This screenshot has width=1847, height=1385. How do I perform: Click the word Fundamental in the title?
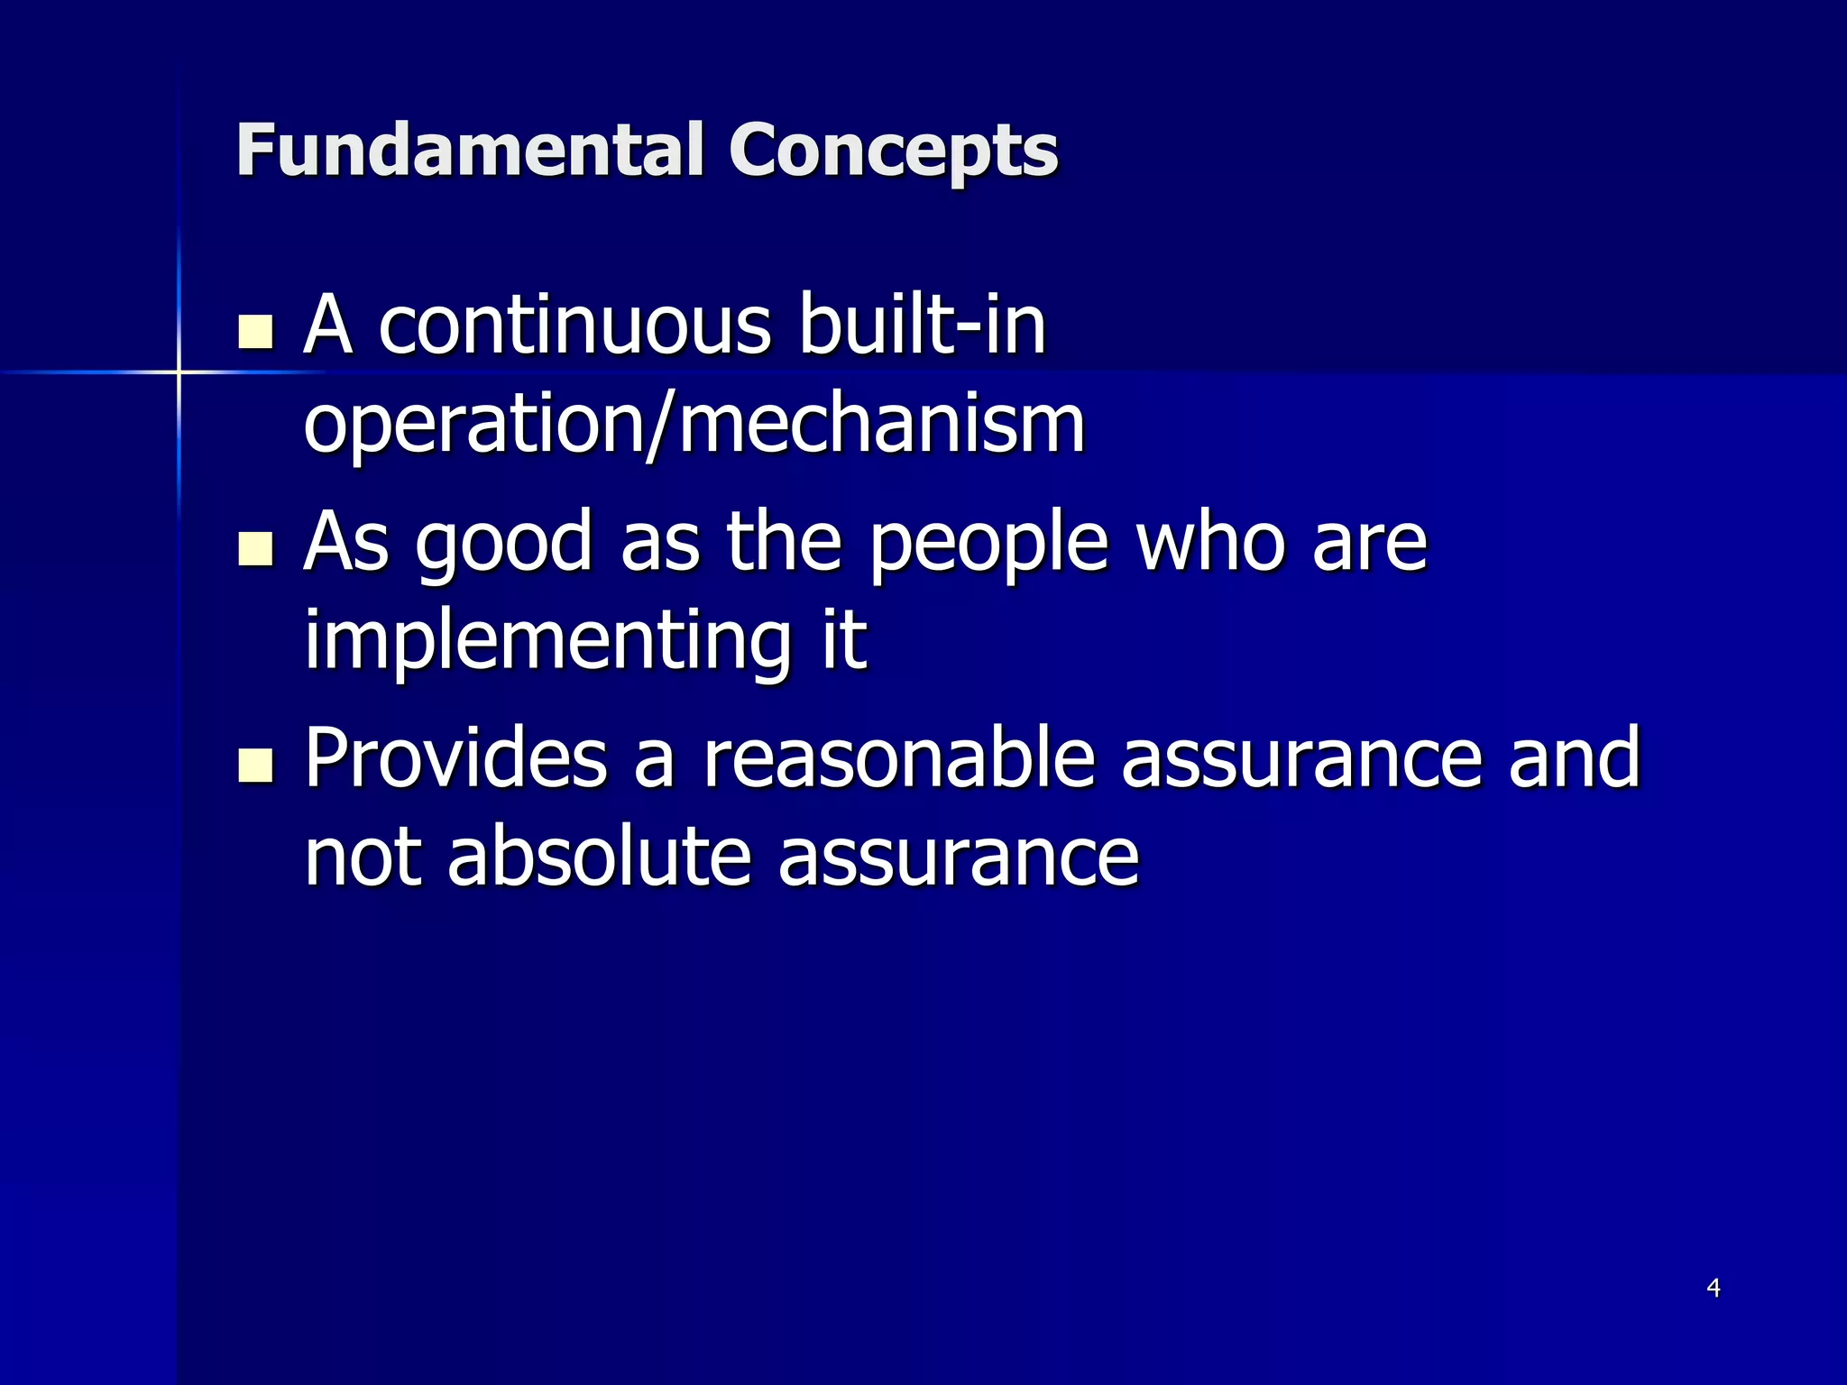[x=469, y=150]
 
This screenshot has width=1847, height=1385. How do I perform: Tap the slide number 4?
[x=1714, y=1288]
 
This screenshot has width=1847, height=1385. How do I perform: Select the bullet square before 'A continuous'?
[x=255, y=332]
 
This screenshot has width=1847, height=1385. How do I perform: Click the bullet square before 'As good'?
[x=255, y=548]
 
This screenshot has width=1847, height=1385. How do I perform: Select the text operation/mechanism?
[x=694, y=426]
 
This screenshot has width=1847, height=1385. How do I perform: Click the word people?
[x=988, y=543]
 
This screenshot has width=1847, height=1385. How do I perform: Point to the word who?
[x=1210, y=543]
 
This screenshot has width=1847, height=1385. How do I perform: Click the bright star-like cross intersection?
[x=179, y=371]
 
